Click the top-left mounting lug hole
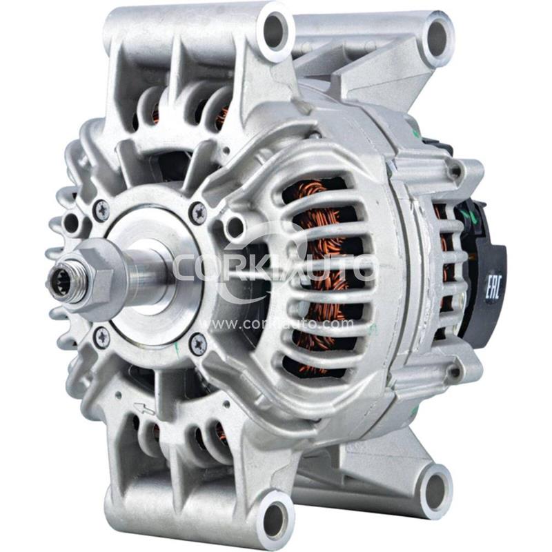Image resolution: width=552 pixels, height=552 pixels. (x=275, y=29)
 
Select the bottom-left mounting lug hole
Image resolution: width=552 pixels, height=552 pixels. (x=275, y=516)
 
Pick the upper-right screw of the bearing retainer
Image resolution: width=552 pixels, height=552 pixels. (x=199, y=213)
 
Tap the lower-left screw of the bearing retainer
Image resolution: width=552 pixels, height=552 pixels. (x=101, y=337)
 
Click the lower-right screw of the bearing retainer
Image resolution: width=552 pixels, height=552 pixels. (x=197, y=342)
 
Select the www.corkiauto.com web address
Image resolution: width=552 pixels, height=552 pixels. (x=276, y=323)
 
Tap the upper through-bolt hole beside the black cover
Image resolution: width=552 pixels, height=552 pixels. (x=456, y=169)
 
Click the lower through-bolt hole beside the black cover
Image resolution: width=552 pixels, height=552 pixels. (x=456, y=373)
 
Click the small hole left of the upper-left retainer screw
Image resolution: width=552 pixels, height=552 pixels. (x=71, y=222)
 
